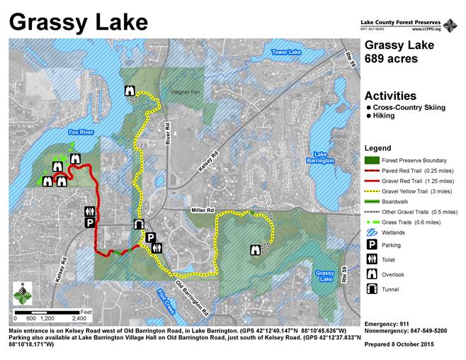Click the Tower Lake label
(x=287, y=52)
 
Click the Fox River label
(x=81, y=132)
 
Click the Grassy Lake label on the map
(x=325, y=276)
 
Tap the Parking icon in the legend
(x=371, y=244)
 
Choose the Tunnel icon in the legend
(x=371, y=288)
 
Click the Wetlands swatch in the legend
(x=371, y=231)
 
